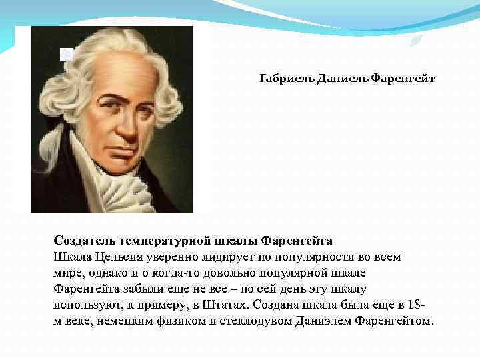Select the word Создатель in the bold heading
(85, 240)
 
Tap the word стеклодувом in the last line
(254, 321)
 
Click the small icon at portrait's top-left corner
(66, 54)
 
